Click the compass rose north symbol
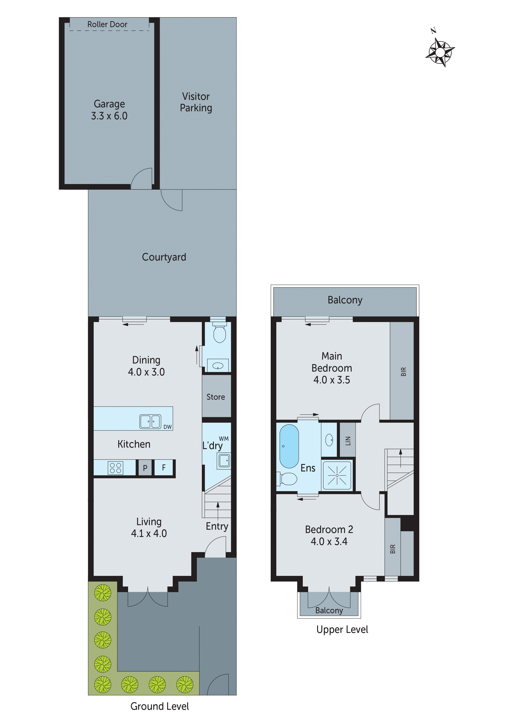(x=440, y=51)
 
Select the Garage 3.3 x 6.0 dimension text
(x=109, y=116)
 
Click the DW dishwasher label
(x=167, y=427)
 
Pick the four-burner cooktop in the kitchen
(x=115, y=468)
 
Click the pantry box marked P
(x=145, y=468)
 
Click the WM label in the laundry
(x=224, y=439)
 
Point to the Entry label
(x=217, y=526)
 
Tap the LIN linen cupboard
(x=348, y=440)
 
